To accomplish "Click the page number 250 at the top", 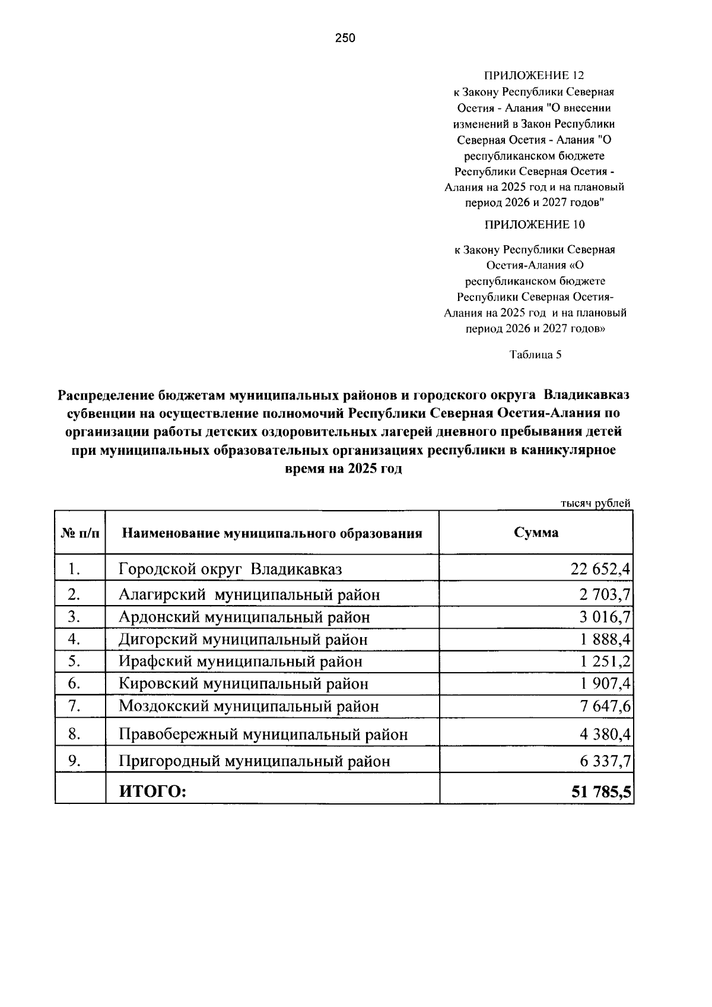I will [345, 39].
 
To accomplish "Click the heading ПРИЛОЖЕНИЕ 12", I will [534, 76].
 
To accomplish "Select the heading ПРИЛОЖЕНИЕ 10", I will [534, 224].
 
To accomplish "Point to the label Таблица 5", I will [535, 355].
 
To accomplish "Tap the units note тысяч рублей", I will [595, 503].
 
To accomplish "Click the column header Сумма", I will [536, 532].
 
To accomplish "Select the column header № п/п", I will [80, 533].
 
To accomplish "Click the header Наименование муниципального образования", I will [272, 533].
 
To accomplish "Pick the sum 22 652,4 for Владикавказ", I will [600, 569].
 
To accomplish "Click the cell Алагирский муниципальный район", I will [249, 594].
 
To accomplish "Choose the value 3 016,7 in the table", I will [605, 617].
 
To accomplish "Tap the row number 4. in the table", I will [74, 639].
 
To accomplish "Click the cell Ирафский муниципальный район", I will [240, 661].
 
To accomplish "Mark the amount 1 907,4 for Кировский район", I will [605, 683].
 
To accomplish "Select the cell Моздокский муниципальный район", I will [249, 706].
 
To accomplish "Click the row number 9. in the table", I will [74, 761].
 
